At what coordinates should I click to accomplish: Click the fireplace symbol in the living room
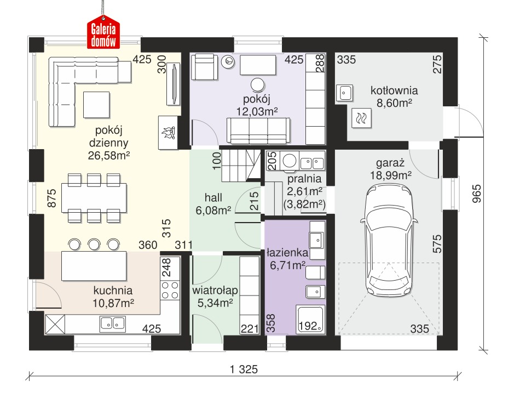click(x=168, y=132)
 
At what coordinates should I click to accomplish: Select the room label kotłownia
click(x=394, y=90)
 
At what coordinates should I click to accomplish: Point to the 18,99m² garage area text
click(x=391, y=175)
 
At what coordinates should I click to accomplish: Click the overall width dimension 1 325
click(x=244, y=369)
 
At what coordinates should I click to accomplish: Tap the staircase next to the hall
click(x=242, y=165)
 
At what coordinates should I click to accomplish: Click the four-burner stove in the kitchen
click(x=170, y=290)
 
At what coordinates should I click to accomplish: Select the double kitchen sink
click(x=112, y=323)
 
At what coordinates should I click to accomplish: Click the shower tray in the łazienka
click(x=310, y=319)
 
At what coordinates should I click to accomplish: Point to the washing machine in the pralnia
click(x=290, y=161)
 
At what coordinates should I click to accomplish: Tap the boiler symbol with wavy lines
click(x=362, y=118)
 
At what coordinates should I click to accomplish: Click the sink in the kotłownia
click(x=344, y=93)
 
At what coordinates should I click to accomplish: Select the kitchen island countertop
click(x=94, y=266)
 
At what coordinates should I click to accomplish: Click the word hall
click(x=213, y=197)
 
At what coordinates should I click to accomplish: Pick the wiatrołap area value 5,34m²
click(x=215, y=303)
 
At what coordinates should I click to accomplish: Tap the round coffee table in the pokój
click(x=257, y=85)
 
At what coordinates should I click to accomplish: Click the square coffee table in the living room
click(x=96, y=104)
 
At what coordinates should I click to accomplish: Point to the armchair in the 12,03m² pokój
click(x=204, y=67)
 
